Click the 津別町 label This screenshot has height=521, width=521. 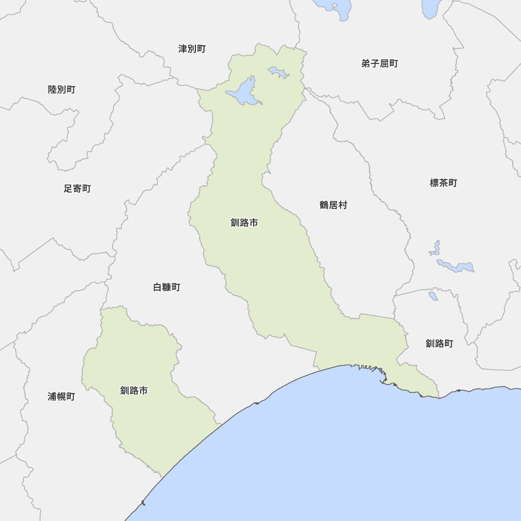click(x=192, y=49)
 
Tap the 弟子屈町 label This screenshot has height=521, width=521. click(x=379, y=64)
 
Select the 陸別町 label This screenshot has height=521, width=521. click(x=61, y=90)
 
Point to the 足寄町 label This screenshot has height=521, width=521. click(x=77, y=189)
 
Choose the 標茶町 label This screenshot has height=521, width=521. click(x=443, y=183)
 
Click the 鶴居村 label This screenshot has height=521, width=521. click(x=333, y=205)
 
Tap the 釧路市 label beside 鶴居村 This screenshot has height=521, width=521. click(x=244, y=223)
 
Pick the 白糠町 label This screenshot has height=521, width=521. click(x=167, y=287)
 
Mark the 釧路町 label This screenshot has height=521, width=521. click(x=439, y=344)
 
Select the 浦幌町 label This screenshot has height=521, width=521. click(x=61, y=396)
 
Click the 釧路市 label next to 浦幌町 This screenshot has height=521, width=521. click(x=134, y=390)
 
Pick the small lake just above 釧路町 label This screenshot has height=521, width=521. click(x=433, y=295)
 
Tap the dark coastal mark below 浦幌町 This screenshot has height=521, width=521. click(x=143, y=502)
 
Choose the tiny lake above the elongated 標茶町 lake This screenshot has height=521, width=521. click(x=435, y=248)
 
